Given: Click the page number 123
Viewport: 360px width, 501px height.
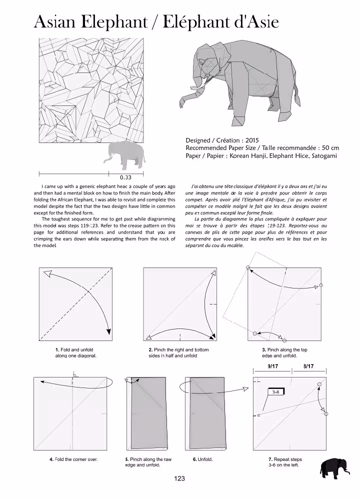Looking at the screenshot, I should click(x=179, y=478).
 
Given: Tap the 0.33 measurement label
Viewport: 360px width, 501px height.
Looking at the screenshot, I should click(x=125, y=177).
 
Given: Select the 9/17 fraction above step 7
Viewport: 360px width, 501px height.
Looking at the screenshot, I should click(x=273, y=366).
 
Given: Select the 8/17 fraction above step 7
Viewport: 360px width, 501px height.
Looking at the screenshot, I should click(x=308, y=366).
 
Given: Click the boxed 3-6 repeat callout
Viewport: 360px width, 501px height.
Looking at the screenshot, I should click(x=276, y=392).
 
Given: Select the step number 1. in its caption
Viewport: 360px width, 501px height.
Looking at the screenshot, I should click(x=57, y=349).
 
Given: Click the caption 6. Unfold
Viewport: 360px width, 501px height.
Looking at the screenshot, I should click(x=201, y=459).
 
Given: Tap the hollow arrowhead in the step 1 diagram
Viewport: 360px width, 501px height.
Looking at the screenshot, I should click(x=48, y=274).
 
